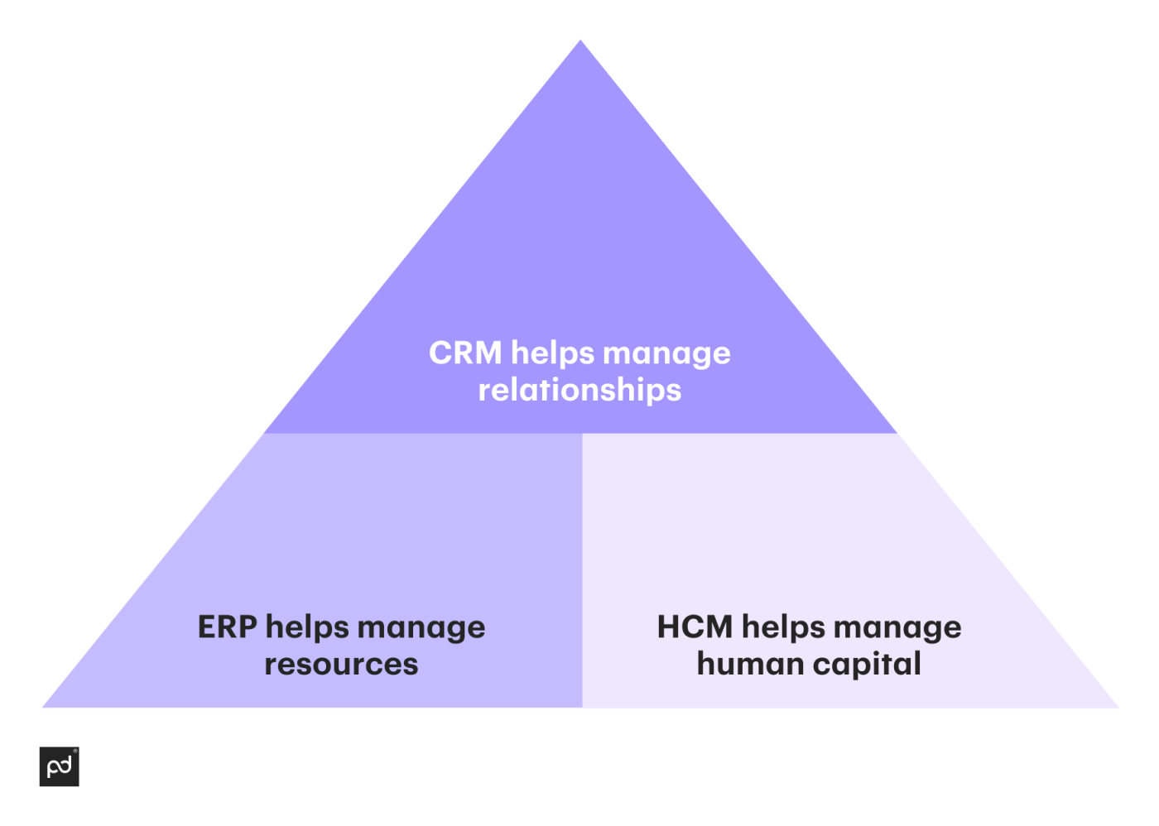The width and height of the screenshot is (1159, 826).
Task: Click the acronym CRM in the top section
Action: coord(465,353)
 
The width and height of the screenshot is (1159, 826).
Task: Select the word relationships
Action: coord(579,390)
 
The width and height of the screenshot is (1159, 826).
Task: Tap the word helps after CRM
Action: coord(552,353)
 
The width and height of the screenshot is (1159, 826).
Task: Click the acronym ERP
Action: coord(227,627)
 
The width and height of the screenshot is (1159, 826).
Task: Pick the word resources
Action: coord(341,665)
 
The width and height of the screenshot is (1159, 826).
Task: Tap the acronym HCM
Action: coord(695,627)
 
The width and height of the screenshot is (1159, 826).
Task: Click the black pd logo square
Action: coord(59,766)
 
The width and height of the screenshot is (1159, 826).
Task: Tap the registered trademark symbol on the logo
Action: coord(75,752)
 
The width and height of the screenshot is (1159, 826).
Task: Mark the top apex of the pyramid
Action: coord(580,41)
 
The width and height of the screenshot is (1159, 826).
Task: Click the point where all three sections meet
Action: coord(582,434)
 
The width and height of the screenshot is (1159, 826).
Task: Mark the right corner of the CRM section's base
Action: coord(896,432)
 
